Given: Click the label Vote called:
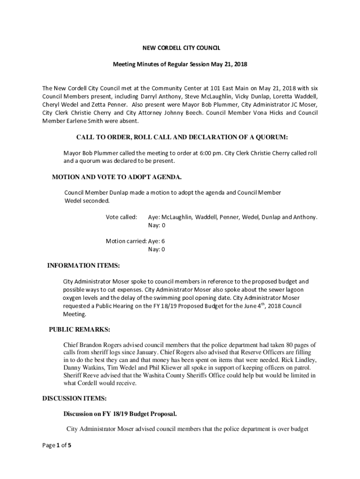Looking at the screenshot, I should click(121, 217).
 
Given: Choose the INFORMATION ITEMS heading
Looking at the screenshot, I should click(84, 266).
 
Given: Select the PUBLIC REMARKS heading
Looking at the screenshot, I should click(79, 329).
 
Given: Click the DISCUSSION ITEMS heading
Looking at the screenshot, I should click(75, 399).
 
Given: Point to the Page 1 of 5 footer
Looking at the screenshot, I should click(57, 445).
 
